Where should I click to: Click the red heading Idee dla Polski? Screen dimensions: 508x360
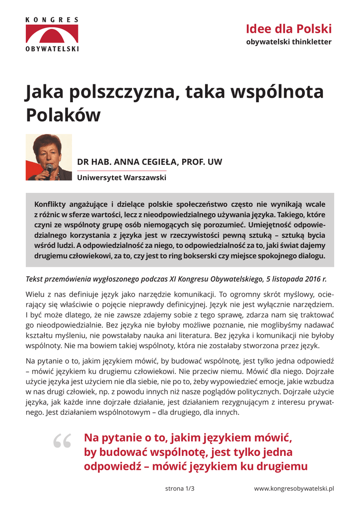coord(288,29)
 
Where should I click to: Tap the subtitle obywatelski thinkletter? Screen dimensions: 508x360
coord(288,42)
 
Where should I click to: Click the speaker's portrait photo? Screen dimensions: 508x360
coord(49,157)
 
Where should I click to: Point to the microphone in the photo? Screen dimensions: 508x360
coord(49,171)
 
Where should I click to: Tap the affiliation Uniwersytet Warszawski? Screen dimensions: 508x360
coord(122,177)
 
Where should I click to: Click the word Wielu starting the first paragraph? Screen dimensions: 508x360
coord(34,293)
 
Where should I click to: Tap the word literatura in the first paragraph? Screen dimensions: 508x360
coord(202,335)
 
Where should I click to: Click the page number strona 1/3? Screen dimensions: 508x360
coord(180,489)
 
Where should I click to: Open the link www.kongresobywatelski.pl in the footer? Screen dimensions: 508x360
coord(294,489)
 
